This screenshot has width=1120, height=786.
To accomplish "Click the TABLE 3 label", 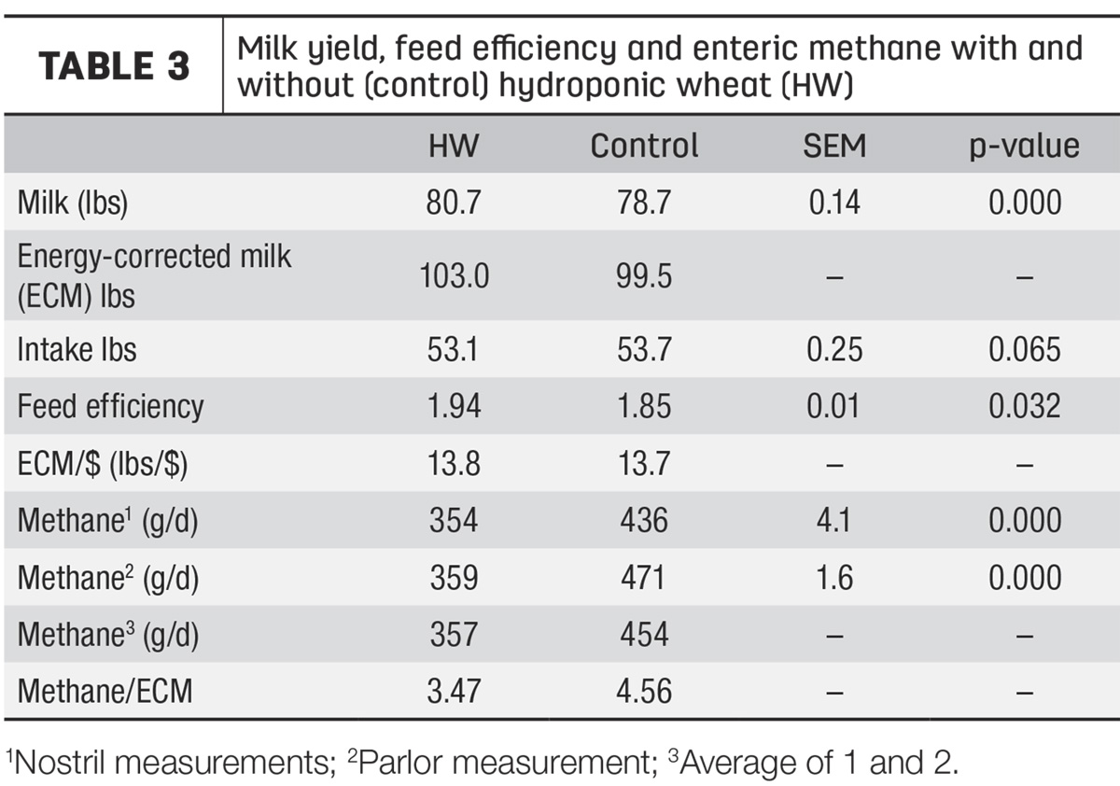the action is click(114, 66).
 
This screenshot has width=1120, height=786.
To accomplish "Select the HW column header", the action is click(454, 146).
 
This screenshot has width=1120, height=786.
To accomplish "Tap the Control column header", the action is click(644, 146).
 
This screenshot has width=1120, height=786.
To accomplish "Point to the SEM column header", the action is click(834, 146).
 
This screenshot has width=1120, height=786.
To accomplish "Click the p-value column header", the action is click(1025, 147).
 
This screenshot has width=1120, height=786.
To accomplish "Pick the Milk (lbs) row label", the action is click(73, 203).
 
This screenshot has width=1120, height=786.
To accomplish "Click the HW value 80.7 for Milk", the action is click(454, 203).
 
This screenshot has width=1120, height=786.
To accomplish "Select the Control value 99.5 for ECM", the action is click(644, 276).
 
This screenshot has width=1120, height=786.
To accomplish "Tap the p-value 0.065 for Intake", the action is click(1025, 349).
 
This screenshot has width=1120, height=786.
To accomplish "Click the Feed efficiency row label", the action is click(110, 406).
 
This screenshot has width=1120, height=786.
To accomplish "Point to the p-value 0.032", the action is click(1025, 405).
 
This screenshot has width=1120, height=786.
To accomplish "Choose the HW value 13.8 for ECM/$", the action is click(454, 463).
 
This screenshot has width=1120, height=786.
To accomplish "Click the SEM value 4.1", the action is click(833, 520).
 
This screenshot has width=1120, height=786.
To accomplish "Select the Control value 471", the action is click(643, 578).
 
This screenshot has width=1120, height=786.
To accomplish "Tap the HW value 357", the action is click(454, 635).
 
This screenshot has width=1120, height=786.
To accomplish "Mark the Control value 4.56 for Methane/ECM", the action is click(644, 692).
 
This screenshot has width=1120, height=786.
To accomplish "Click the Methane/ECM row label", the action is click(105, 692).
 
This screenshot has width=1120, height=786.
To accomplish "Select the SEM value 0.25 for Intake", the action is click(834, 349).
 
